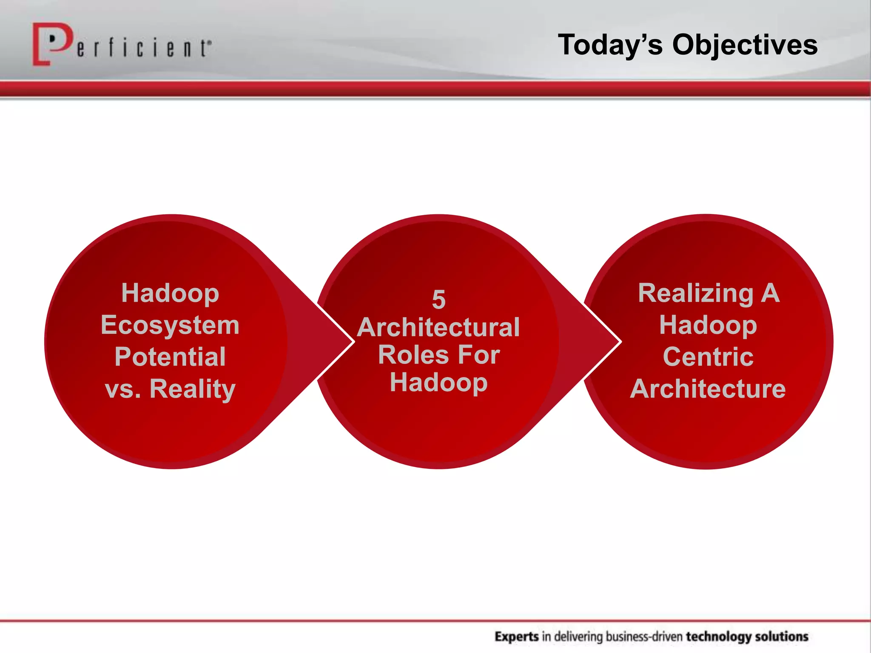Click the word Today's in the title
(610, 45)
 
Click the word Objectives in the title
(745, 45)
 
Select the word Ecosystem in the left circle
(170, 325)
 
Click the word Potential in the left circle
(170, 357)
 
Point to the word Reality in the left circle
(192, 389)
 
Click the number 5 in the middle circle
(438, 300)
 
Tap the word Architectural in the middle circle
(438, 327)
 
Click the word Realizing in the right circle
(695, 293)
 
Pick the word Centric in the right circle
(708, 357)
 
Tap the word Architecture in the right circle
(708, 389)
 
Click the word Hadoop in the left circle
(170, 293)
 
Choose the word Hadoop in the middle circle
(438, 383)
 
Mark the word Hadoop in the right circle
(708, 325)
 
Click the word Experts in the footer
(517, 636)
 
